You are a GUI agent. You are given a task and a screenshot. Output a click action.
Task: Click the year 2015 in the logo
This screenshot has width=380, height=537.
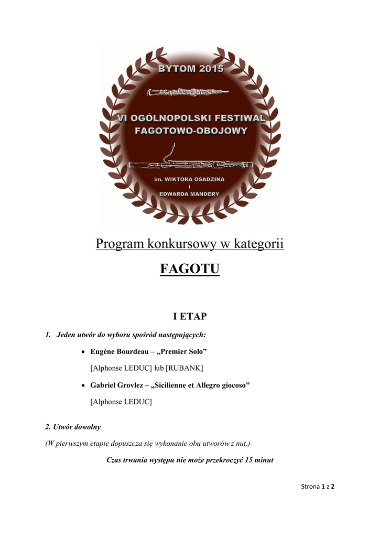209,69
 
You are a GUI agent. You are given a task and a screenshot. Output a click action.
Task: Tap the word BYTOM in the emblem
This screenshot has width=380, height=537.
176,69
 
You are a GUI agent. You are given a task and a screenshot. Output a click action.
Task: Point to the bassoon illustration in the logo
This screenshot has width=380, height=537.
191,164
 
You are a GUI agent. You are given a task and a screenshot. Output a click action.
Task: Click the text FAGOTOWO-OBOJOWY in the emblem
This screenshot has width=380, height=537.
191,131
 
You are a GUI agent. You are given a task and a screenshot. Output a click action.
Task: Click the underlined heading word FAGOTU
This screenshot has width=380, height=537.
189,270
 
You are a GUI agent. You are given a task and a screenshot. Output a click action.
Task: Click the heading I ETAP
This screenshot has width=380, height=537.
190,316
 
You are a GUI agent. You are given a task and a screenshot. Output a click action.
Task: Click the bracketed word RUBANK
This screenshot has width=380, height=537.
184,368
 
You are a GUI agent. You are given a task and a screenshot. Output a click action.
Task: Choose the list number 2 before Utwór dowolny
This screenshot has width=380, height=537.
47,427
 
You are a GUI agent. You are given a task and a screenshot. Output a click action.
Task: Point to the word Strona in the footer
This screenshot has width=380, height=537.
310,486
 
